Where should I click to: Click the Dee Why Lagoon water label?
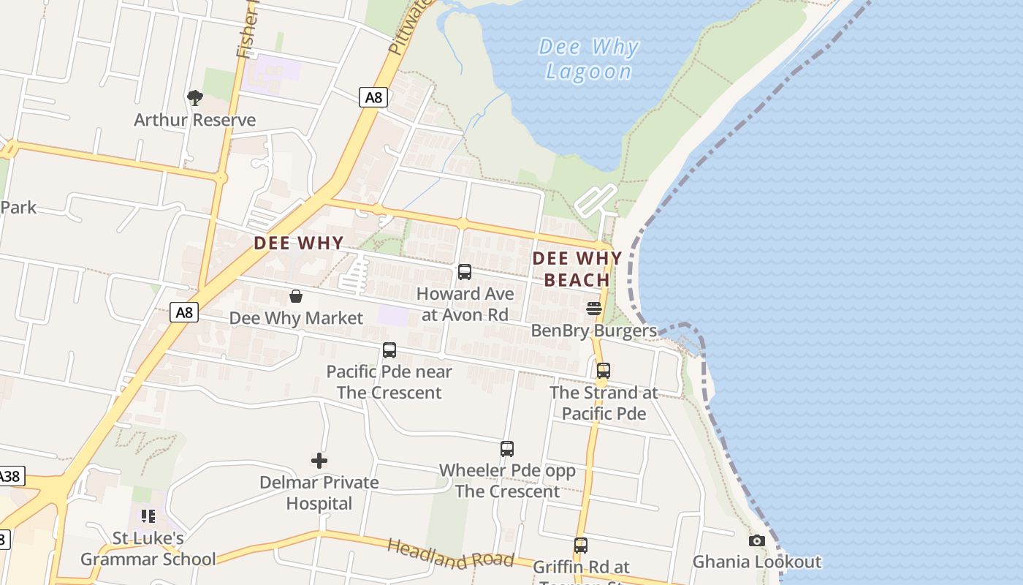pyautogui.click(x=588, y=59)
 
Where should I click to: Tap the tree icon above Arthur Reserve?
pyautogui.click(x=194, y=97)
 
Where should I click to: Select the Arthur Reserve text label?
pyautogui.click(x=194, y=120)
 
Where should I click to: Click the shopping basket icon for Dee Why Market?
pyautogui.click(x=296, y=296)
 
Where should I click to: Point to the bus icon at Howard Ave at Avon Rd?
pyautogui.click(x=464, y=272)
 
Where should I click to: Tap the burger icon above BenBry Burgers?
pyautogui.click(x=594, y=309)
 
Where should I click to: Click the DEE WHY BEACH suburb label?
pyautogui.click(x=577, y=268)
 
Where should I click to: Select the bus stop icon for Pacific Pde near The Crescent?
pyautogui.click(x=389, y=350)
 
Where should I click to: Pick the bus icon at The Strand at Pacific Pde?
pyautogui.click(x=603, y=371)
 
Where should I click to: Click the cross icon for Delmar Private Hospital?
pyautogui.click(x=319, y=461)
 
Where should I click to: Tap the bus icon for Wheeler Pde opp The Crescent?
pyautogui.click(x=507, y=449)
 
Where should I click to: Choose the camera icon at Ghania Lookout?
pyautogui.click(x=756, y=541)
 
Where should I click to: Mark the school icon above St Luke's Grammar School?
pyautogui.click(x=148, y=516)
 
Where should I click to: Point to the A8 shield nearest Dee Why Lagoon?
pyautogui.click(x=373, y=97)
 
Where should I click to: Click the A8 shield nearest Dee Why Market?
pyautogui.click(x=184, y=313)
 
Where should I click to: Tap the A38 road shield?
pyautogui.click(x=10, y=477)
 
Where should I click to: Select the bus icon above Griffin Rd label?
pyautogui.click(x=580, y=546)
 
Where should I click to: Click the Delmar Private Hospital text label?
pyautogui.click(x=319, y=493)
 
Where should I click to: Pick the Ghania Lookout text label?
pyautogui.click(x=756, y=562)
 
